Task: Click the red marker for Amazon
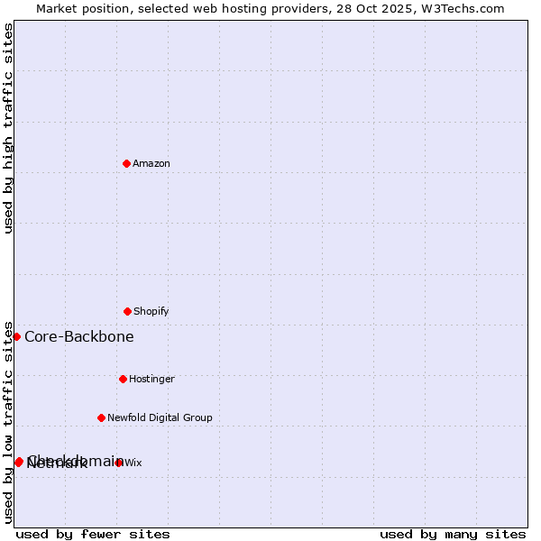126,163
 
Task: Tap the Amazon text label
151,163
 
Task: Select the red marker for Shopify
127,311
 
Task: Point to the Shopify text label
151,311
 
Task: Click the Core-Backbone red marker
16,336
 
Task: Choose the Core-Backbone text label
79,336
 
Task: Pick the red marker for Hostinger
123,379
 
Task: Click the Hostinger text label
151,379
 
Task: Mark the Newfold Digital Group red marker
101,417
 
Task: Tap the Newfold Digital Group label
160,417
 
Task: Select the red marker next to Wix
119,463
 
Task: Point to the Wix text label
133,463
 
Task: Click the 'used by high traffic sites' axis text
8,128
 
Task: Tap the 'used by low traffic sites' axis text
8,422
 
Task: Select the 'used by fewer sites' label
93,534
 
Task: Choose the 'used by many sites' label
453,534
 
